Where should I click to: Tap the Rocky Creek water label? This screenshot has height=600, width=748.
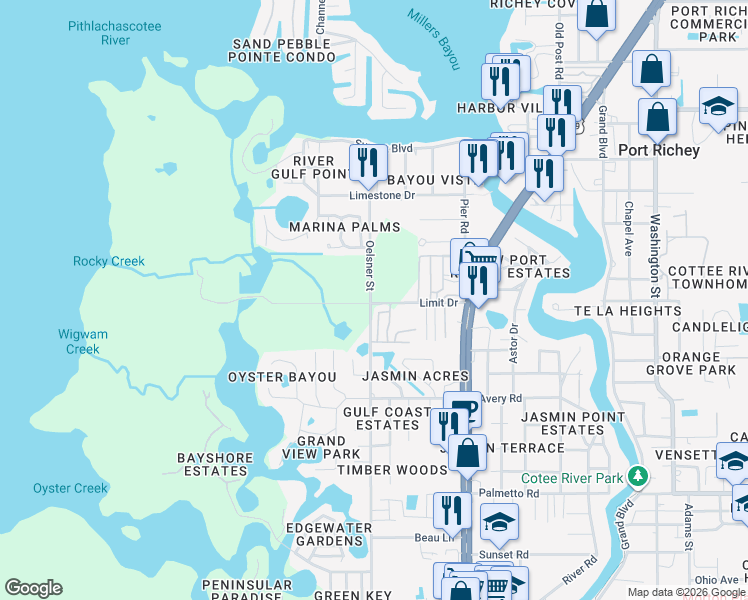point(109,262)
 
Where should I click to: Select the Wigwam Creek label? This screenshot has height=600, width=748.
point(83,342)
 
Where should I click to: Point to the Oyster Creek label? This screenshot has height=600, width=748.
point(70,488)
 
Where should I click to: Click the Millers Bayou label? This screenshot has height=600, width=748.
point(434,39)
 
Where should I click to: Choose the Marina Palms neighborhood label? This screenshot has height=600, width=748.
point(337,227)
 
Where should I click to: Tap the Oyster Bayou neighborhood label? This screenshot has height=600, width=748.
point(269,377)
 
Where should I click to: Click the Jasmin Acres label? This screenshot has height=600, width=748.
point(415,377)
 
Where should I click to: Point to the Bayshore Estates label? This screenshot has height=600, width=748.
point(212,464)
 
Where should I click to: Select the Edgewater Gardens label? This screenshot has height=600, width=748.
point(324,534)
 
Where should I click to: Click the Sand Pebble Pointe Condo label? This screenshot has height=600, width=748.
point(284,51)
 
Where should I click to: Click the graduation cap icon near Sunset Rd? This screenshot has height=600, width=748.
point(499,522)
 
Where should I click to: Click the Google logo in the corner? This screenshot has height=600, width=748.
point(33,588)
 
